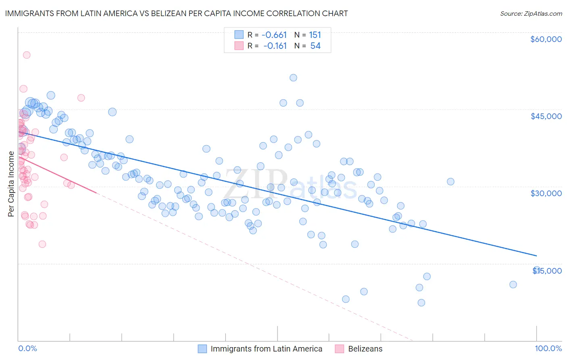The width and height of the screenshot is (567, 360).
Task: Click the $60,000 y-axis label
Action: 546,39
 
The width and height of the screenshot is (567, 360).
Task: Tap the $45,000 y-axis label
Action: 546,116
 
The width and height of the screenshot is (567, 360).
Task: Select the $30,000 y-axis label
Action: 546,193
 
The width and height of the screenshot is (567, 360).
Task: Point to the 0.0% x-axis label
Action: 27,349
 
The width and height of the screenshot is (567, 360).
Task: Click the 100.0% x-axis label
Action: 548,349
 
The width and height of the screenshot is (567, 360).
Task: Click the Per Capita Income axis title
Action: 11,184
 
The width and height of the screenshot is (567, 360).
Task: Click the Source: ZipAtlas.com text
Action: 531,13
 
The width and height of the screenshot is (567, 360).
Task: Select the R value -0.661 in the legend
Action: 274,35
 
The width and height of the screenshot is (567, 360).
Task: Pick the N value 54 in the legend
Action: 315,46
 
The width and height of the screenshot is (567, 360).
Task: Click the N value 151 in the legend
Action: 315,35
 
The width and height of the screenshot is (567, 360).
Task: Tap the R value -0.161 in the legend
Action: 275,46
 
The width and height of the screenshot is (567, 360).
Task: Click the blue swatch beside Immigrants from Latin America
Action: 202,349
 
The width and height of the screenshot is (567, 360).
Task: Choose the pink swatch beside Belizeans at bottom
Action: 340,349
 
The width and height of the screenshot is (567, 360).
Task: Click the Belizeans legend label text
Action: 365,349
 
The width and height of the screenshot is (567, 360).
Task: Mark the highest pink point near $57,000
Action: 27,55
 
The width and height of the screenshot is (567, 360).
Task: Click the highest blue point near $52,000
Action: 293,77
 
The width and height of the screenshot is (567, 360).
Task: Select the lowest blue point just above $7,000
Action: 421,303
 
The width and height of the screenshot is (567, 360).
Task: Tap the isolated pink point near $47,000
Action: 81,98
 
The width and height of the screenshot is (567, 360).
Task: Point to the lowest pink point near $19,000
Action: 42,244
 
